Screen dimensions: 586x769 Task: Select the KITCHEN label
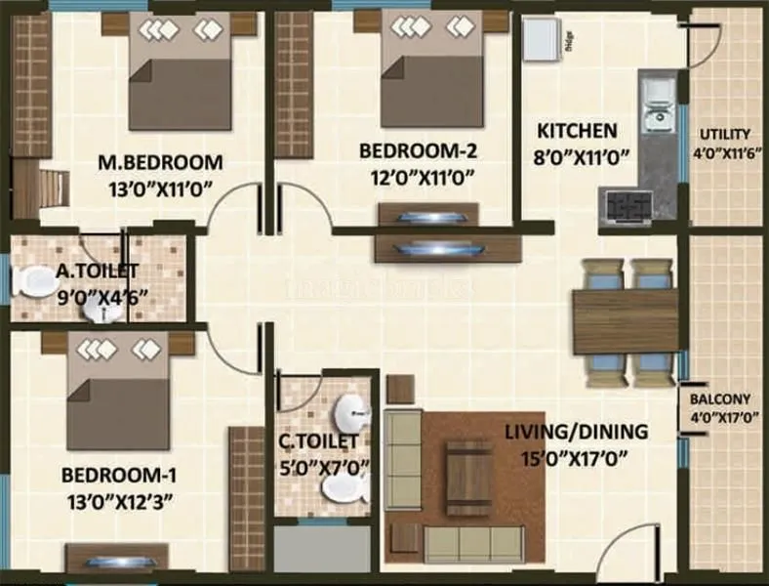pos(578,130)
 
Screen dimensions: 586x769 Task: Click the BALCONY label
pos(720,398)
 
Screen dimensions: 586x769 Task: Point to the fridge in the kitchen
pos(539,39)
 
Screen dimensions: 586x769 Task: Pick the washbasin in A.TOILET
pos(99,309)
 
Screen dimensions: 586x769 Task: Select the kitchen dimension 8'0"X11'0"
pos(583,154)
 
